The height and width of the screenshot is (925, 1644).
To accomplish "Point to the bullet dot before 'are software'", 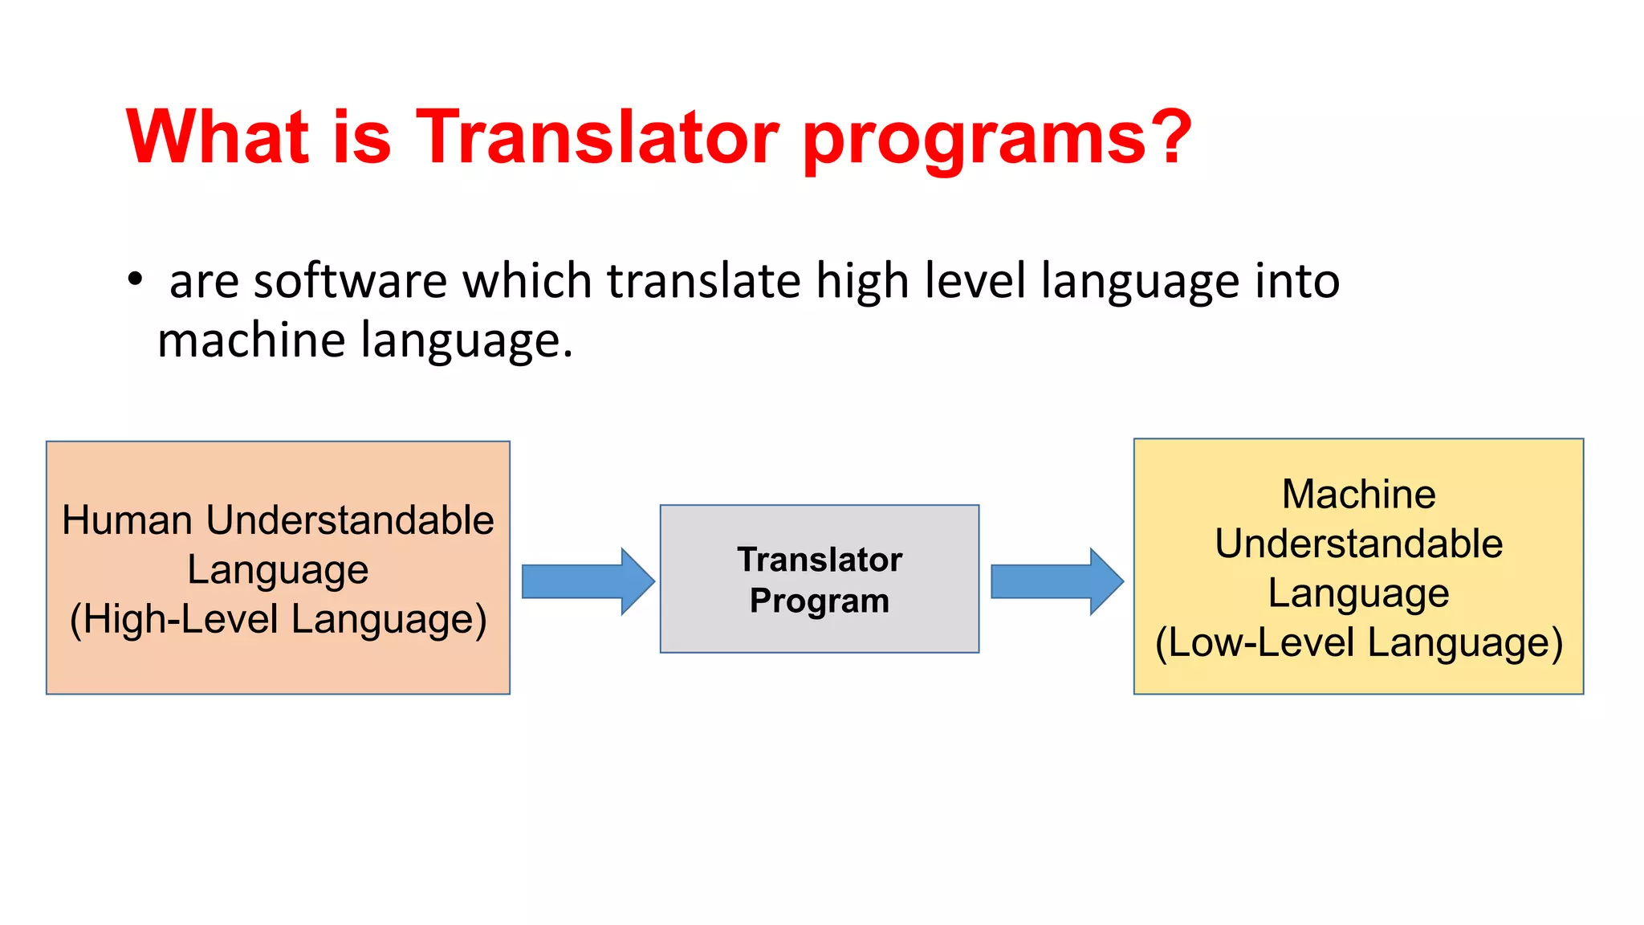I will (135, 280).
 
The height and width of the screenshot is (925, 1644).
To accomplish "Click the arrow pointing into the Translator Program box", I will (588, 581).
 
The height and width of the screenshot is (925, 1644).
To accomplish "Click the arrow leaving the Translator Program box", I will (1056, 581).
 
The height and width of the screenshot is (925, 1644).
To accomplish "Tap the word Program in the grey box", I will (820, 601).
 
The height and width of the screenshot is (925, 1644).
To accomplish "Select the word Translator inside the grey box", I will (820, 560).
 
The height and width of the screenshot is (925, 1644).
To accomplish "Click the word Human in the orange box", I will (129, 520).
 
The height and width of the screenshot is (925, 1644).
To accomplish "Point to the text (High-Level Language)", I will (278, 620).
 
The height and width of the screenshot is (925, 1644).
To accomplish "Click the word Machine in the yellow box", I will (1358, 494).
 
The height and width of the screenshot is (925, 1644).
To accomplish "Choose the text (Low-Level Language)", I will (1358, 643).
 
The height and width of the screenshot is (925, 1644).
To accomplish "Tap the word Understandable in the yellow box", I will (1358, 544).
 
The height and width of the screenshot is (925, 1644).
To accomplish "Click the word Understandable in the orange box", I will (350, 520).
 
